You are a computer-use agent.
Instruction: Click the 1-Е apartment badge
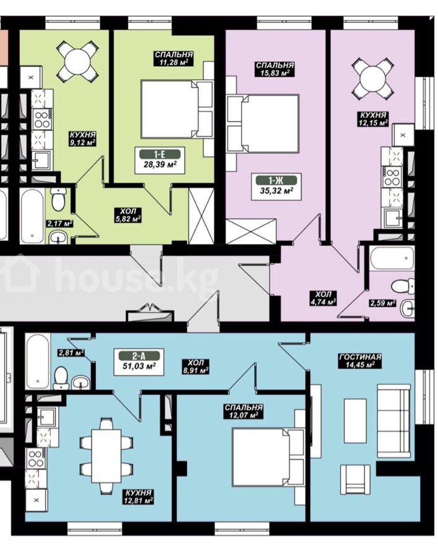click(x=160, y=154)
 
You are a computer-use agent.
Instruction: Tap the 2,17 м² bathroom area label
click(x=59, y=224)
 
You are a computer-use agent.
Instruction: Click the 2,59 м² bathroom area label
click(x=382, y=303)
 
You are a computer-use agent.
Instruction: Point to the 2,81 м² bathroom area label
click(x=71, y=353)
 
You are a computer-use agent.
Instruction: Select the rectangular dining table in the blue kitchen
click(x=106, y=456)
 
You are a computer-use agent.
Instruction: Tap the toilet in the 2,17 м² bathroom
click(x=58, y=198)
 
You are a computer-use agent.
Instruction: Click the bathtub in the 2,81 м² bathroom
click(x=37, y=361)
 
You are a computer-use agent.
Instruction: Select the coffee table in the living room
click(x=355, y=421)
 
